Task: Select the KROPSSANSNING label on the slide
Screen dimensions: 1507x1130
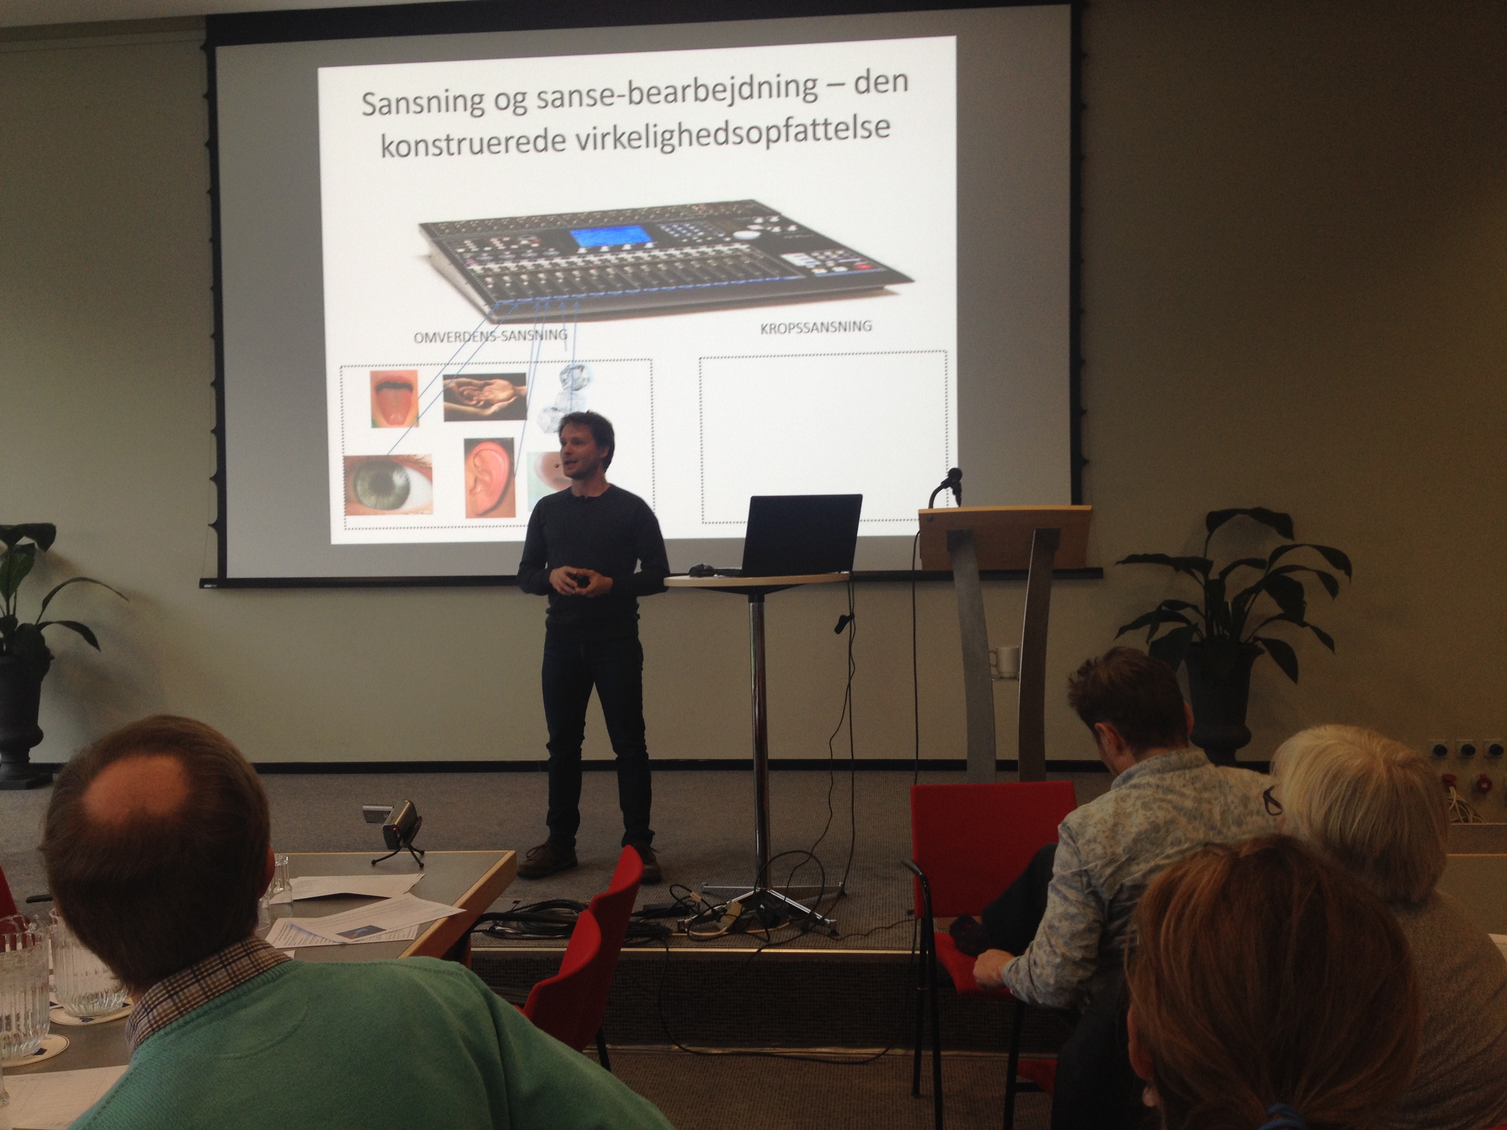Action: click(815, 327)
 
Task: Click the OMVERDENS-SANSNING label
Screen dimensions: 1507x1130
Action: click(490, 336)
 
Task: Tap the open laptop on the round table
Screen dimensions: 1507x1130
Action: click(798, 535)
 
